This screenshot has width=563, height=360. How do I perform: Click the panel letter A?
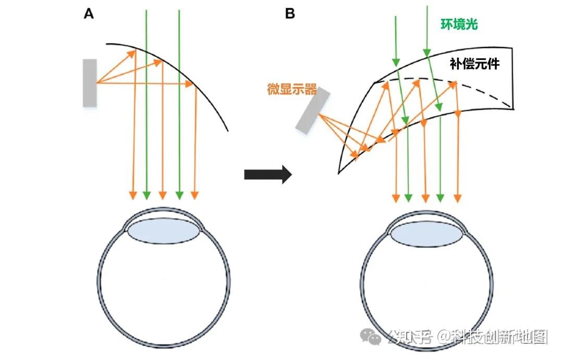coord(89,14)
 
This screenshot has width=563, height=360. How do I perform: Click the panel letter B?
coord(290,14)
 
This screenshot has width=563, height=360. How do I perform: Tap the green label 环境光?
coord(459,24)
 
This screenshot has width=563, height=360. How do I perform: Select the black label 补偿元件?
coord(474,64)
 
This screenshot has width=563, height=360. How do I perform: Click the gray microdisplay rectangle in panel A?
coord(90,83)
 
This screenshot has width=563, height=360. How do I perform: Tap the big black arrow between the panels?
coord(267,174)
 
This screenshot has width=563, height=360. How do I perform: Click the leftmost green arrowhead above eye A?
coord(146,195)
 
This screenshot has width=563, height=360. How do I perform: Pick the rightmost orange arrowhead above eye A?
coord(195,195)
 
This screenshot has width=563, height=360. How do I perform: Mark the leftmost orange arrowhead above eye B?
coord(396,197)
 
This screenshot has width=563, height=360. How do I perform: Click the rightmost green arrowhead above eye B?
coord(441,197)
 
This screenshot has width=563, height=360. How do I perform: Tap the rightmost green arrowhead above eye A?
coord(179,195)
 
